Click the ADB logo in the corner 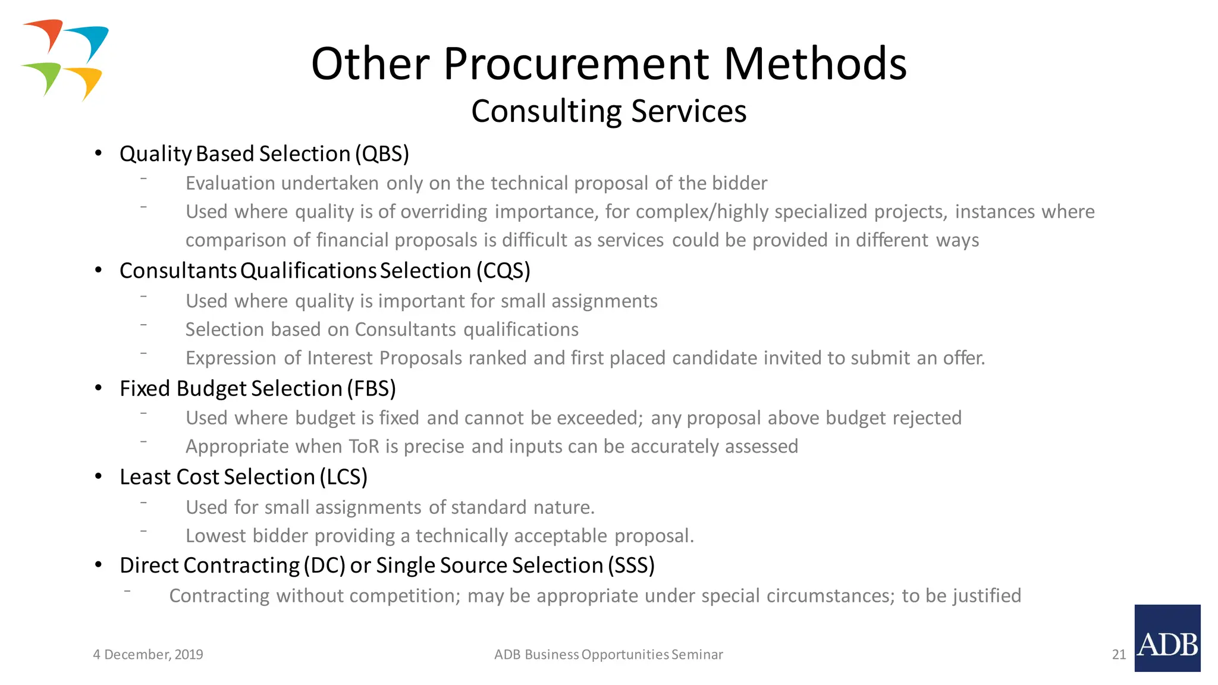coord(1167,638)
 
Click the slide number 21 coord(1119,655)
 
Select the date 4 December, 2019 coord(148,655)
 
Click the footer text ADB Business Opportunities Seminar coord(608,655)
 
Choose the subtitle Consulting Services coord(608,111)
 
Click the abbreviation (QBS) coord(382,154)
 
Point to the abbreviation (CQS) coord(503,271)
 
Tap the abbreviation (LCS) coord(343,477)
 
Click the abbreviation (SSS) coord(630,565)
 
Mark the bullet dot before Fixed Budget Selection coord(99,388)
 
